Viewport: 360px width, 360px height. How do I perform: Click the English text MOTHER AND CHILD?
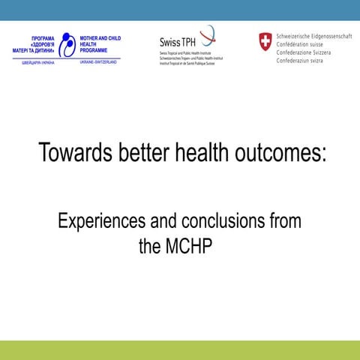pos(100,37)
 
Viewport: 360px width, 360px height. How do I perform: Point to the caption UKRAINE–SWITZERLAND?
pos(98,62)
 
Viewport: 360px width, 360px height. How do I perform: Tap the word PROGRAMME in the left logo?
pos(97,51)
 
